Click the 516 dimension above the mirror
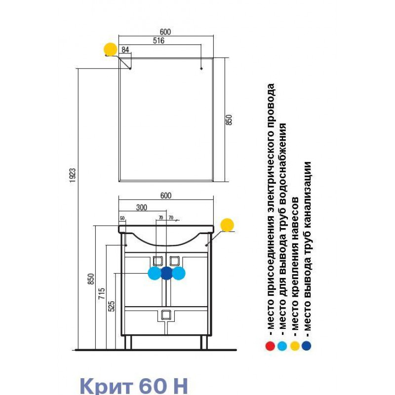tap(158, 40)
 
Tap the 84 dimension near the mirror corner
tap(125, 50)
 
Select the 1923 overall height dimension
tap(73, 175)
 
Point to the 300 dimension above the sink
tap(142, 207)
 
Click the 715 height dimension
tap(102, 293)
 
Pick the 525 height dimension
tap(112, 306)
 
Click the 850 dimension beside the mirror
tap(229, 120)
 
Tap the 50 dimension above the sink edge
tap(122, 218)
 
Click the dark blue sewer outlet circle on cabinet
tap(166, 273)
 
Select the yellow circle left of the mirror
tap(111, 49)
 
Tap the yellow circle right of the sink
tap(227, 225)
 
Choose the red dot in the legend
tap(270, 346)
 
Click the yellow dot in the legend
tap(295, 346)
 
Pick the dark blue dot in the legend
tap(307, 346)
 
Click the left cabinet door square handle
tap(158, 261)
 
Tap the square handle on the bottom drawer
tap(166, 315)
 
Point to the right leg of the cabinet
tap(203, 342)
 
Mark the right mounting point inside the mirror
tap(201, 68)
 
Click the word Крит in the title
tap(106, 386)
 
